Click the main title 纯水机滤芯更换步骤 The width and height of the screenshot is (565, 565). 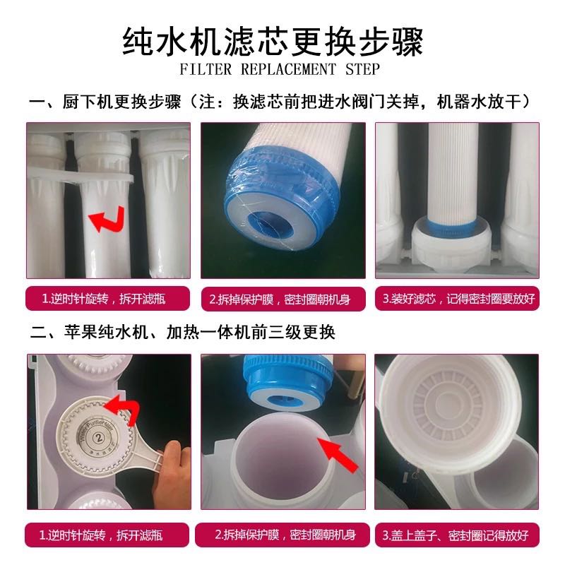[282, 40]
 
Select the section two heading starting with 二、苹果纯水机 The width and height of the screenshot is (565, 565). [182, 332]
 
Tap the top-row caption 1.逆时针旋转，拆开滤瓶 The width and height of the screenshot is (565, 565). [108, 298]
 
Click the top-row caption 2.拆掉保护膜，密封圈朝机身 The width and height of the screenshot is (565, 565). [283, 298]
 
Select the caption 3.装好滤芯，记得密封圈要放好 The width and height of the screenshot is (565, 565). [458, 298]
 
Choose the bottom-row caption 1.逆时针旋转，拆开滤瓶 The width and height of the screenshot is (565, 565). [108, 535]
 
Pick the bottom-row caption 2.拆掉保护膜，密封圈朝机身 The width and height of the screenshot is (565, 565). [283, 535]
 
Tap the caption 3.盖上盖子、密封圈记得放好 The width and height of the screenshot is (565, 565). [458, 535]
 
